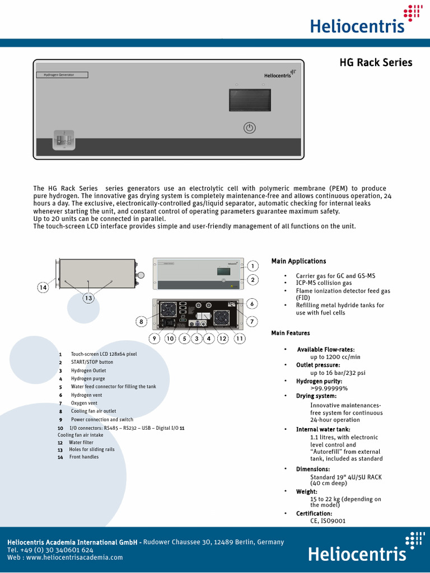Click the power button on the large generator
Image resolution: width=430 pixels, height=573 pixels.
(x=250, y=128)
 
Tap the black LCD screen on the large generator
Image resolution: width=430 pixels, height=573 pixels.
(x=250, y=101)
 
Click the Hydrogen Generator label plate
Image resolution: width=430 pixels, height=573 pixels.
(x=62, y=74)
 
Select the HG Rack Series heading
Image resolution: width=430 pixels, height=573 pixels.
(x=376, y=63)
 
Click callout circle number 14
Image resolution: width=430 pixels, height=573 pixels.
(x=43, y=287)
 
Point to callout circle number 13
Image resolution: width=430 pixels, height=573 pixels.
(x=88, y=298)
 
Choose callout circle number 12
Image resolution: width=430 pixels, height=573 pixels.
(x=223, y=338)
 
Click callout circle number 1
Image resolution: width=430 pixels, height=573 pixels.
(x=253, y=266)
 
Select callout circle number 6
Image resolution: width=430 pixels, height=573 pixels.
(x=253, y=303)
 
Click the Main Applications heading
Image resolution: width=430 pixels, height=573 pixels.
(x=298, y=261)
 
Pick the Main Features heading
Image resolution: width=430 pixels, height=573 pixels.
(x=291, y=334)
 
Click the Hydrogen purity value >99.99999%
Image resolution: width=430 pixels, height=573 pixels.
(x=329, y=388)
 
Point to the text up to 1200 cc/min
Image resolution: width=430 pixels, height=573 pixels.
(x=335, y=357)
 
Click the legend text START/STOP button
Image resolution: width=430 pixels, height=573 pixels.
(x=92, y=362)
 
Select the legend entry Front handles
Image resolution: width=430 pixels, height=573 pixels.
(x=84, y=457)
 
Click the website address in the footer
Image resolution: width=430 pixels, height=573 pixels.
(x=74, y=557)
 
